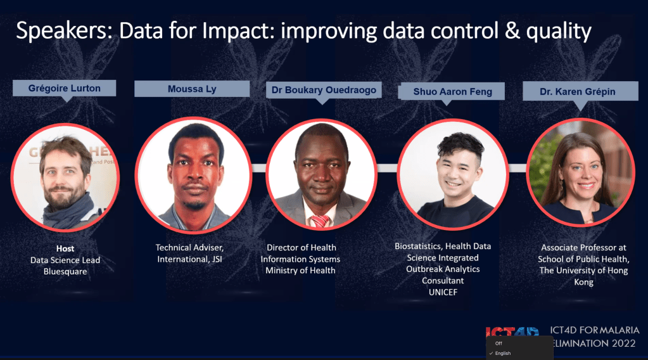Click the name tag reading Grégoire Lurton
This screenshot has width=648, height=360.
tap(64, 88)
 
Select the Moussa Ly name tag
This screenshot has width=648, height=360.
tap(192, 89)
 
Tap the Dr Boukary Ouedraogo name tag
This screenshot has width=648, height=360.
tap(324, 90)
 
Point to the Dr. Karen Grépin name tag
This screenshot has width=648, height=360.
tap(580, 91)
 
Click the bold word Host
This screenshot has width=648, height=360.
tap(65, 248)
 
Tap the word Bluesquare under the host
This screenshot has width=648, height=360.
tap(65, 271)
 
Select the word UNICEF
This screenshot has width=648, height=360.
tap(443, 292)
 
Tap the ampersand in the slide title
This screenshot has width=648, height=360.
tap(512, 31)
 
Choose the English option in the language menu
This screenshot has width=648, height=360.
tap(502, 354)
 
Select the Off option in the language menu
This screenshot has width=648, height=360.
tap(499, 343)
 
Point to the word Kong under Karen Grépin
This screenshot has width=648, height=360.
tap(583, 282)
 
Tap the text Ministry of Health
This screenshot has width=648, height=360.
tap(300, 270)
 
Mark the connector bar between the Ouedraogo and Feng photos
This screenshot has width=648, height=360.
tap(387, 168)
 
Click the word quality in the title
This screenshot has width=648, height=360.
tap(559, 32)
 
